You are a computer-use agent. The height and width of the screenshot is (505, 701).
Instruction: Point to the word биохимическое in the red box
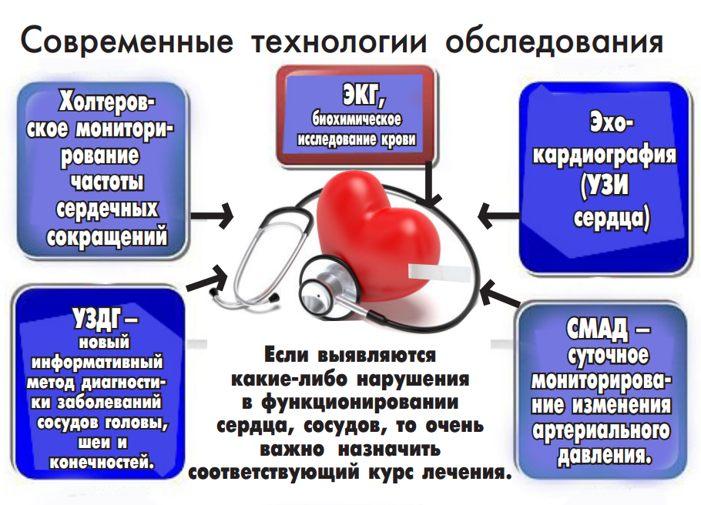click(x=357, y=122)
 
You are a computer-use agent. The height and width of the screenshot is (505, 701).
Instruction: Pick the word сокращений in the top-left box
click(x=108, y=236)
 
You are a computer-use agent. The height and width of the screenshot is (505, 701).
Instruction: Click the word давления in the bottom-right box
click(x=602, y=454)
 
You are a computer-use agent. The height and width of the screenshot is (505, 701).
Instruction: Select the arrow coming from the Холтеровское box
click(x=212, y=216)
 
